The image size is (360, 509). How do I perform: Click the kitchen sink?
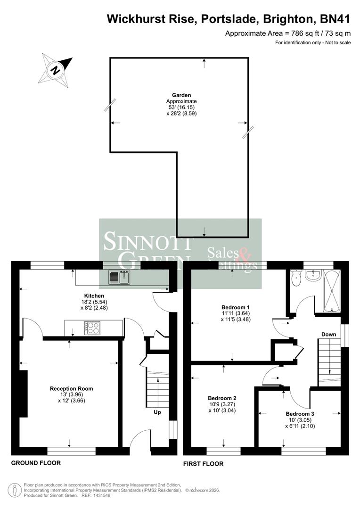pos(119,278)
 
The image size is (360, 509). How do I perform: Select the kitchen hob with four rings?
pos(92,328)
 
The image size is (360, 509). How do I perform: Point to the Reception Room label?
pos(71,388)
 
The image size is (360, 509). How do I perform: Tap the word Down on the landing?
pos(328,334)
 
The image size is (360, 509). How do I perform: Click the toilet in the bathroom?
pos(296,279)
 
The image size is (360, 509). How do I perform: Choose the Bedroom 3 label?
pos(299,413)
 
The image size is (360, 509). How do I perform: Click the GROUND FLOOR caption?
pos(36,463)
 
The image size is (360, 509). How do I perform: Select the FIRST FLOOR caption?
pos(203,464)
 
